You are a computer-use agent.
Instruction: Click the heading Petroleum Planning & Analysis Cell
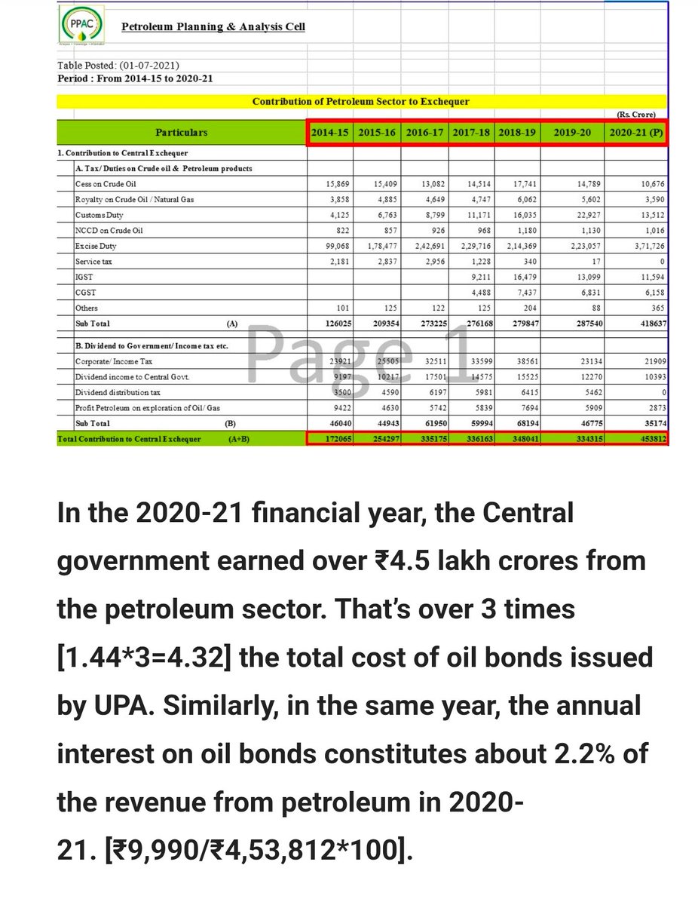click(x=213, y=27)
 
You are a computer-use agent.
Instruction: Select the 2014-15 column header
click(x=331, y=132)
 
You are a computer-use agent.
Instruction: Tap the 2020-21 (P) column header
click(x=635, y=132)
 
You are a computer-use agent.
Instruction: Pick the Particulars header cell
click(x=181, y=133)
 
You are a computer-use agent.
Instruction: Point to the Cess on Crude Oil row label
click(x=106, y=184)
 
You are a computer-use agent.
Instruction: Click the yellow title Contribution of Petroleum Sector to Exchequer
click(x=360, y=101)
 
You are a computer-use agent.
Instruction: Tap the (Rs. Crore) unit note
click(x=636, y=115)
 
